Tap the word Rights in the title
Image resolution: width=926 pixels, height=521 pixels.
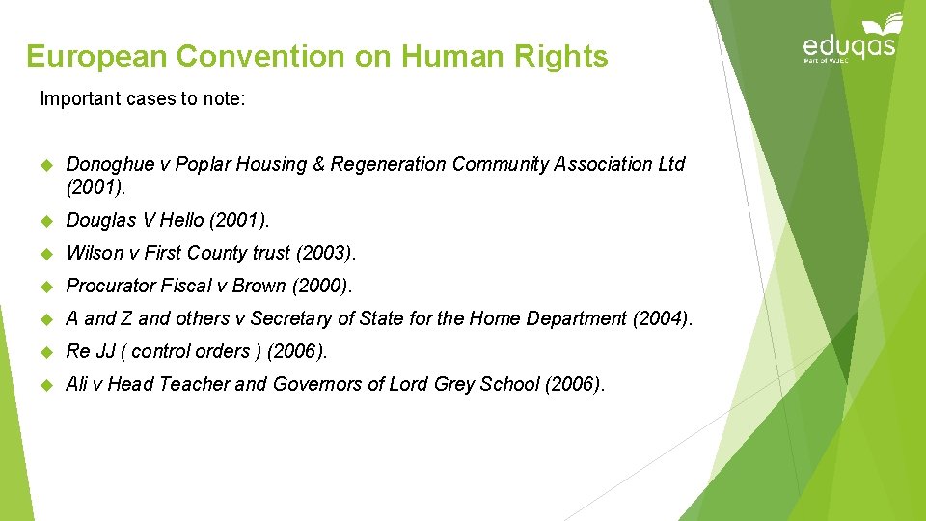(x=562, y=57)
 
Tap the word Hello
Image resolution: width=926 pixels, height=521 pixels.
(x=180, y=221)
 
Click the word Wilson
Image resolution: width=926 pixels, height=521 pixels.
(x=92, y=254)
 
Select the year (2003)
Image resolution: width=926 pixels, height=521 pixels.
(x=327, y=254)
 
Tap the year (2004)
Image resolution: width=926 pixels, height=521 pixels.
(x=662, y=319)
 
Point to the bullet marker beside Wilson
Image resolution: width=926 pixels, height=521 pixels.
(x=45, y=254)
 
